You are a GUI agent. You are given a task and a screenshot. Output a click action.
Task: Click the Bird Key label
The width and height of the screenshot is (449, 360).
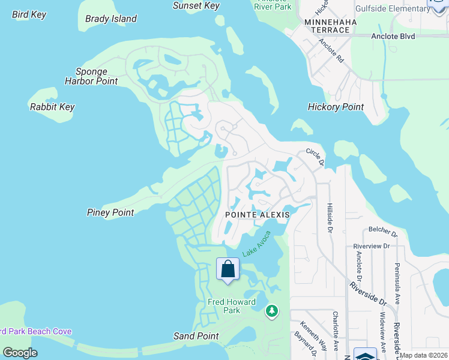29,14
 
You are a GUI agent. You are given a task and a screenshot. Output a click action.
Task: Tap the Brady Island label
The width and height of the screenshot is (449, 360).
111,19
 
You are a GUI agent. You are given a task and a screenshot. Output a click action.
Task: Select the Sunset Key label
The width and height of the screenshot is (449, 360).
196,5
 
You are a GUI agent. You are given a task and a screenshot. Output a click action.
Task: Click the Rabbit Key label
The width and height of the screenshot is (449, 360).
52,107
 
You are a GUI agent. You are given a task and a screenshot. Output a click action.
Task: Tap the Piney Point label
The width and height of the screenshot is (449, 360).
110,212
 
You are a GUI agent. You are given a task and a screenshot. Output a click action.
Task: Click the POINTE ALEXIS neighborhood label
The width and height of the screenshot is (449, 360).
258,214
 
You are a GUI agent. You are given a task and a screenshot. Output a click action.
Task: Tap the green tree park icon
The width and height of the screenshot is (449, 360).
272,310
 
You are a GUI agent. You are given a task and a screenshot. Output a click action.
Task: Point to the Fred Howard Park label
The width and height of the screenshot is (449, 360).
231,306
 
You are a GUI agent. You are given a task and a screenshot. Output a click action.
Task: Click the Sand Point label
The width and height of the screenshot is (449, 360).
196,336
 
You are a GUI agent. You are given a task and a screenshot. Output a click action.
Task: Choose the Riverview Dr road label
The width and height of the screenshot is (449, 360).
372,246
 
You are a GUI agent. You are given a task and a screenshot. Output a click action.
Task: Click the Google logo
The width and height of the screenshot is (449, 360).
20,353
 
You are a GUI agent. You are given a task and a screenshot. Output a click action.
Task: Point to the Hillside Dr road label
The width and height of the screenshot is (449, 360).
330,217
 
